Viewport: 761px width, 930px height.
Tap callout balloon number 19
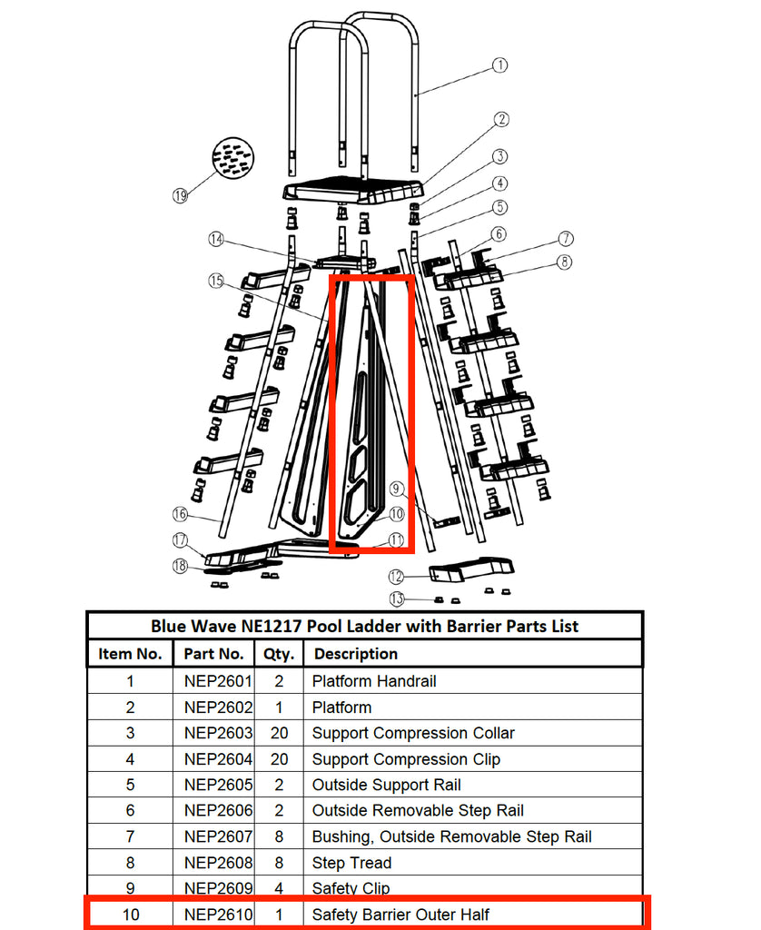(x=180, y=194)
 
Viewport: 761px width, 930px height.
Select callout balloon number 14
(x=215, y=240)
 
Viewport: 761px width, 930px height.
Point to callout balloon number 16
(x=180, y=513)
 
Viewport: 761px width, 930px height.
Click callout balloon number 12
(x=396, y=577)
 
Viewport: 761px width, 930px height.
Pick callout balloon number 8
(x=565, y=262)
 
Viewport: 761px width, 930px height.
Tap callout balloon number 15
(x=215, y=282)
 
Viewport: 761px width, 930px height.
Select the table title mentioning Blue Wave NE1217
(x=364, y=626)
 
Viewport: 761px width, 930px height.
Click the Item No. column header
(x=130, y=654)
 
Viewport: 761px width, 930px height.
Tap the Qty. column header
(x=279, y=654)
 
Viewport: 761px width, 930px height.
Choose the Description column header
(x=355, y=654)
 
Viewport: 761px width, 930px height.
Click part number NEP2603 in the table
(x=218, y=733)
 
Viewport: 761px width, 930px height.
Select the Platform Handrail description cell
(x=374, y=681)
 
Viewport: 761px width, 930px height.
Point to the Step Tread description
(x=351, y=863)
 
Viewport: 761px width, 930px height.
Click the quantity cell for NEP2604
(x=279, y=759)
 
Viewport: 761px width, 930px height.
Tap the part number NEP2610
(x=218, y=915)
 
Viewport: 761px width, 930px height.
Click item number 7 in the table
(x=130, y=836)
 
